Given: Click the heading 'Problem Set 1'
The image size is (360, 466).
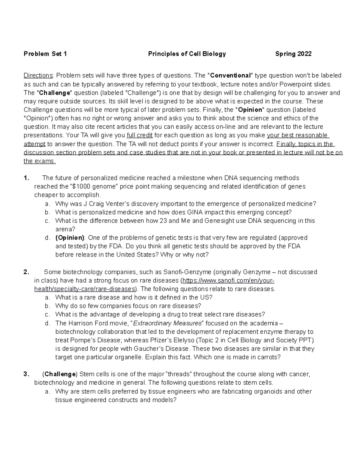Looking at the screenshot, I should click(x=45, y=54).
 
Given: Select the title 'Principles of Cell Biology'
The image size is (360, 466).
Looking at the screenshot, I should click(x=187, y=54).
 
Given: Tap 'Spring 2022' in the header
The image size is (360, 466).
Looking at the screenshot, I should click(x=293, y=54).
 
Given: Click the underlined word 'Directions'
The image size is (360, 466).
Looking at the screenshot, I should click(x=38, y=76).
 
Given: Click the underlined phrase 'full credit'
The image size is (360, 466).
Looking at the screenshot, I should click(x=140, y=135).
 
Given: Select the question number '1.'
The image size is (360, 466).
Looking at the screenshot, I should click(x=26, y=178).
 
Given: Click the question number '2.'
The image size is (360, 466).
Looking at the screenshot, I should click(x=26, y=272).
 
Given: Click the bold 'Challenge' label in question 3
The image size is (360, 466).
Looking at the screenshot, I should click(x=60, y=374).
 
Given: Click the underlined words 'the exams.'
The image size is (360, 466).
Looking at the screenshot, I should click(x=40, y=161).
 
